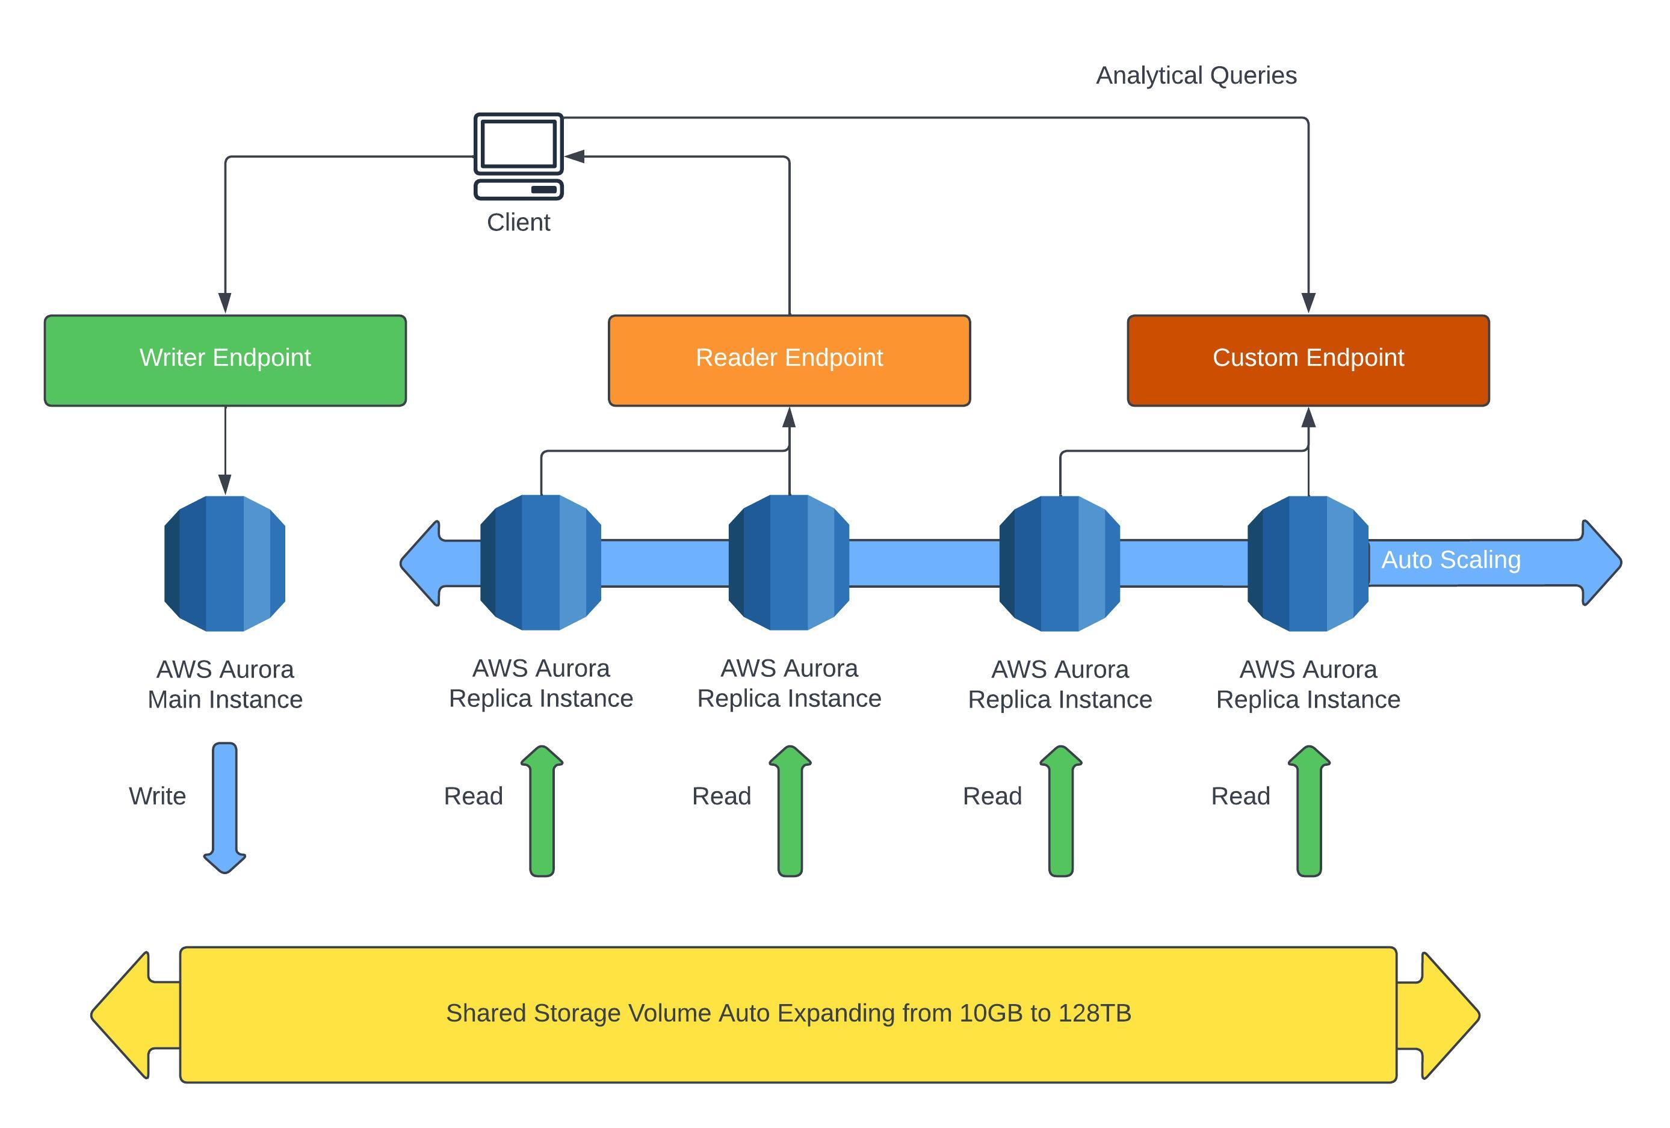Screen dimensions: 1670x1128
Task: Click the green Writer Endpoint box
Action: (x=225, y=361)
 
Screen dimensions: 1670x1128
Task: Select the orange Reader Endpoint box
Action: (x=789, y=361)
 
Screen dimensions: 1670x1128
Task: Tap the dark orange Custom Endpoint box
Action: (x=1308, y=361)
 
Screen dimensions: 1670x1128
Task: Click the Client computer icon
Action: (x=518, y=156)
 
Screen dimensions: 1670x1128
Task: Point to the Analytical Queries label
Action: (x=1196, y=75)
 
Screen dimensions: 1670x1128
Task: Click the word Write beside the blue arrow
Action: (x=157, y=796)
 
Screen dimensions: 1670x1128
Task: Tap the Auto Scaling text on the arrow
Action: (x=1451, y=559)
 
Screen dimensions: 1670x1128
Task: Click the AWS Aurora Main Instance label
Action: (x=225, y=684)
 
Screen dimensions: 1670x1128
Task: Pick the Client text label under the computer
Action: (x=518, y=222)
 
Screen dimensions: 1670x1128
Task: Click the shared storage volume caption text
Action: (x=788, y=1013)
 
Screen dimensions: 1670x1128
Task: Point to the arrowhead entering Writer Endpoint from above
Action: (x=225, y=303)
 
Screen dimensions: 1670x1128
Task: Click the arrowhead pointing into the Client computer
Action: (x=574, y=156)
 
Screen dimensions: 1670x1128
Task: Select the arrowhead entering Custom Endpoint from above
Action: (x=1308, y=303)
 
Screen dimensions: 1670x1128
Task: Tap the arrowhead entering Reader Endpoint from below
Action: (x=789, y=418)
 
